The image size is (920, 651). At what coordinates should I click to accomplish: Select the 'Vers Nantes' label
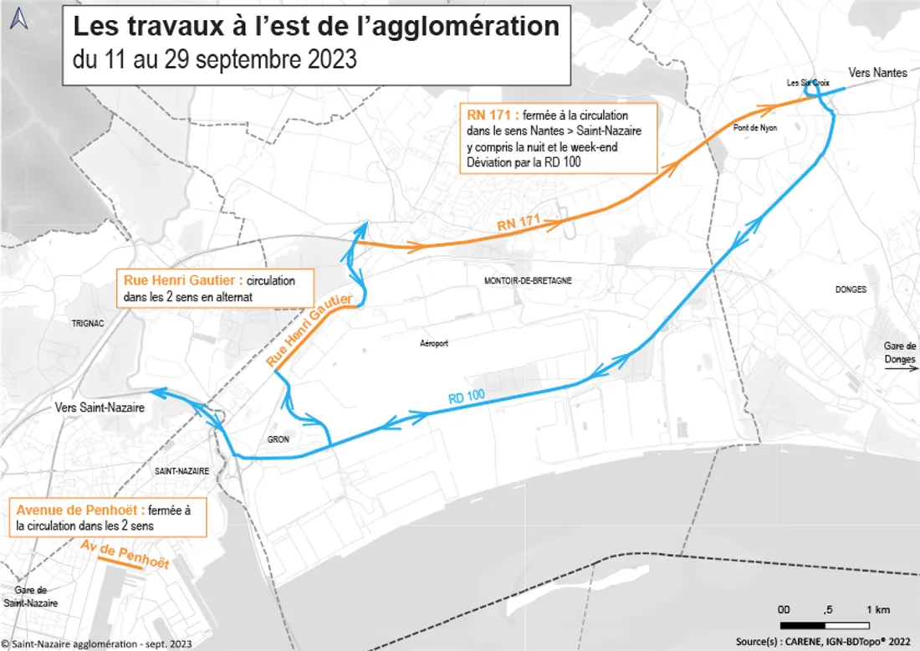pos(877,73)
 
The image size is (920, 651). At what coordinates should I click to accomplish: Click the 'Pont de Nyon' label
pos(755,128)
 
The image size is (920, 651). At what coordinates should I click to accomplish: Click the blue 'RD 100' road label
pos(467,398)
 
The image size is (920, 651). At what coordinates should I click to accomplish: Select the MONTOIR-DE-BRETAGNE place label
pos(528,281)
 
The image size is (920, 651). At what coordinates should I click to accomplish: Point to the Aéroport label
pos(434,343)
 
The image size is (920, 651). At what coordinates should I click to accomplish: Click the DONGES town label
pos(851,290)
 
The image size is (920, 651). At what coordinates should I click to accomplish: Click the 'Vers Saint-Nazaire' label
pos(100,408)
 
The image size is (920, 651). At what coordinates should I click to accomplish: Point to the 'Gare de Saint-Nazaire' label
pos(30,596)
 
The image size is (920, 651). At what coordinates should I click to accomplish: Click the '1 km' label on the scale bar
pos(877,608)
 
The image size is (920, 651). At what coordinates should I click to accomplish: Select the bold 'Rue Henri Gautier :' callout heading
pos(182,281)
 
